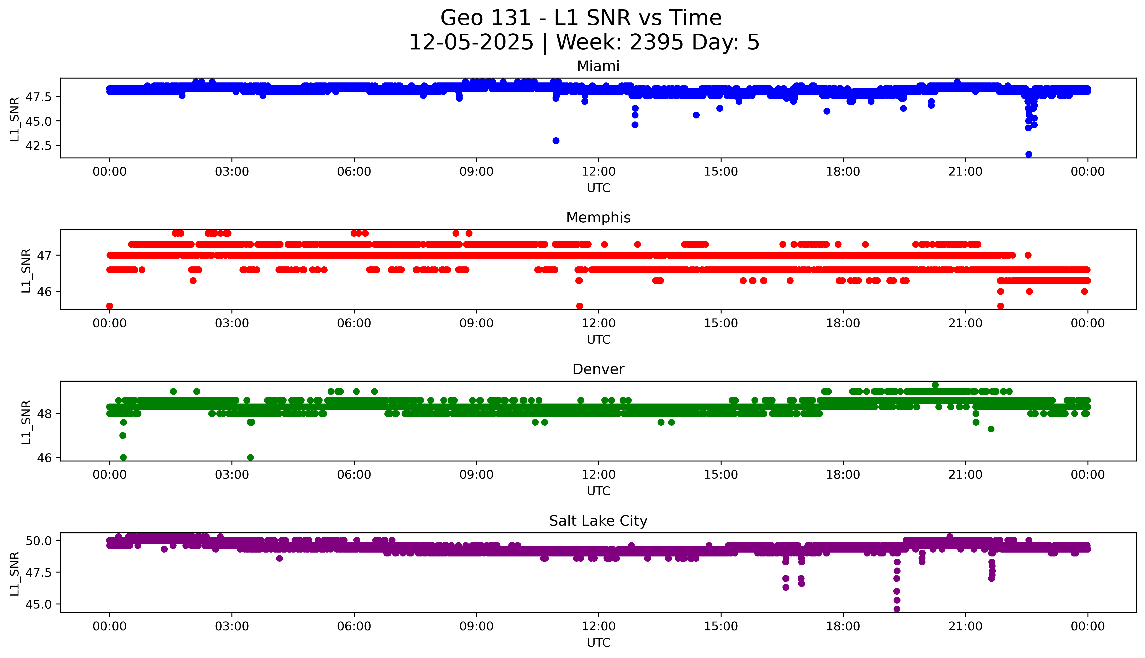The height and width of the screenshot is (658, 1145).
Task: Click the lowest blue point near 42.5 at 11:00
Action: [x=556, y=141]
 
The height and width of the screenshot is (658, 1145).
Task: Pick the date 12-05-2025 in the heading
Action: [x=471, y=43]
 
